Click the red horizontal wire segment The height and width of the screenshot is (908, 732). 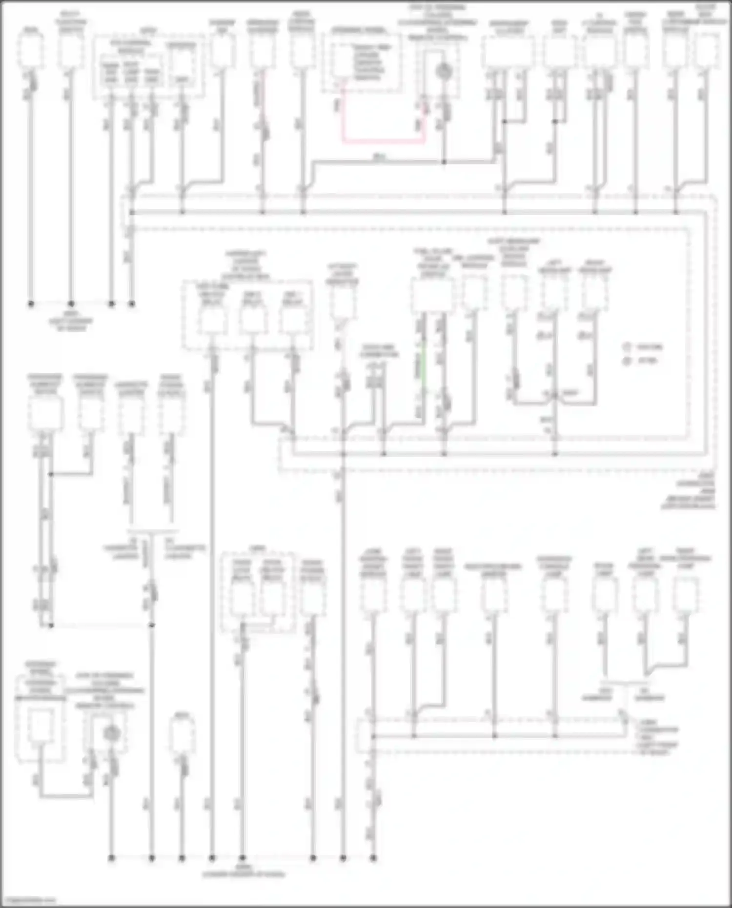coord(383,142)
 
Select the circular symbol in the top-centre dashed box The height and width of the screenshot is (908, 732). coord(444,71)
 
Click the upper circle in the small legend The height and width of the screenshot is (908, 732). coord(628,347)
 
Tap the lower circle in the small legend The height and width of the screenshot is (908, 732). coord(628,361)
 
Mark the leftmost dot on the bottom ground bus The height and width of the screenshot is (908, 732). coord(112,857)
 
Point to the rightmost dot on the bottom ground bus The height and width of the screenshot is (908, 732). coord(373,857)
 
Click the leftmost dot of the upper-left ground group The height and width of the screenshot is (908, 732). coord(31,303)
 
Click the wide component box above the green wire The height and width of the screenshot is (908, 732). coord(432,295)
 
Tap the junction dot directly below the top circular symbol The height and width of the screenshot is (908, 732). coord(444,161)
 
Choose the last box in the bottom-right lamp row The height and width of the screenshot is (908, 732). coord(686,594)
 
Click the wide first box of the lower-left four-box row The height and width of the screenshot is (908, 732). coord(45,413)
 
